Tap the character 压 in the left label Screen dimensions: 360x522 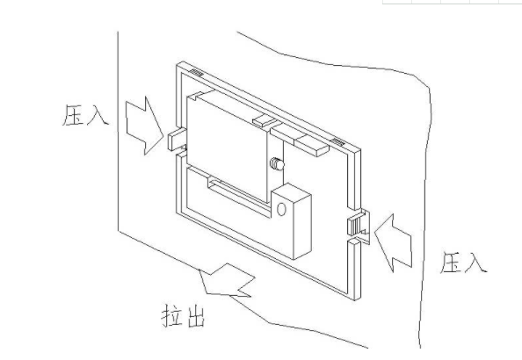(x=74, y=115)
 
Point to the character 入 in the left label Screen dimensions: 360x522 (x=98, y=116)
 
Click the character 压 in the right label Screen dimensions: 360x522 (x=451, y=262)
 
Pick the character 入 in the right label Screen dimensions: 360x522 (x=475, y=263)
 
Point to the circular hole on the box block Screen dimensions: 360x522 (x=281, y=209)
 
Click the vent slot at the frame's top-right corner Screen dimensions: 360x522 (x=337, y=141)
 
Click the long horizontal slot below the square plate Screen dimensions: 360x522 (x=237, y=190)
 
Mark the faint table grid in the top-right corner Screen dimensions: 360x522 (x=452, y=4)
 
